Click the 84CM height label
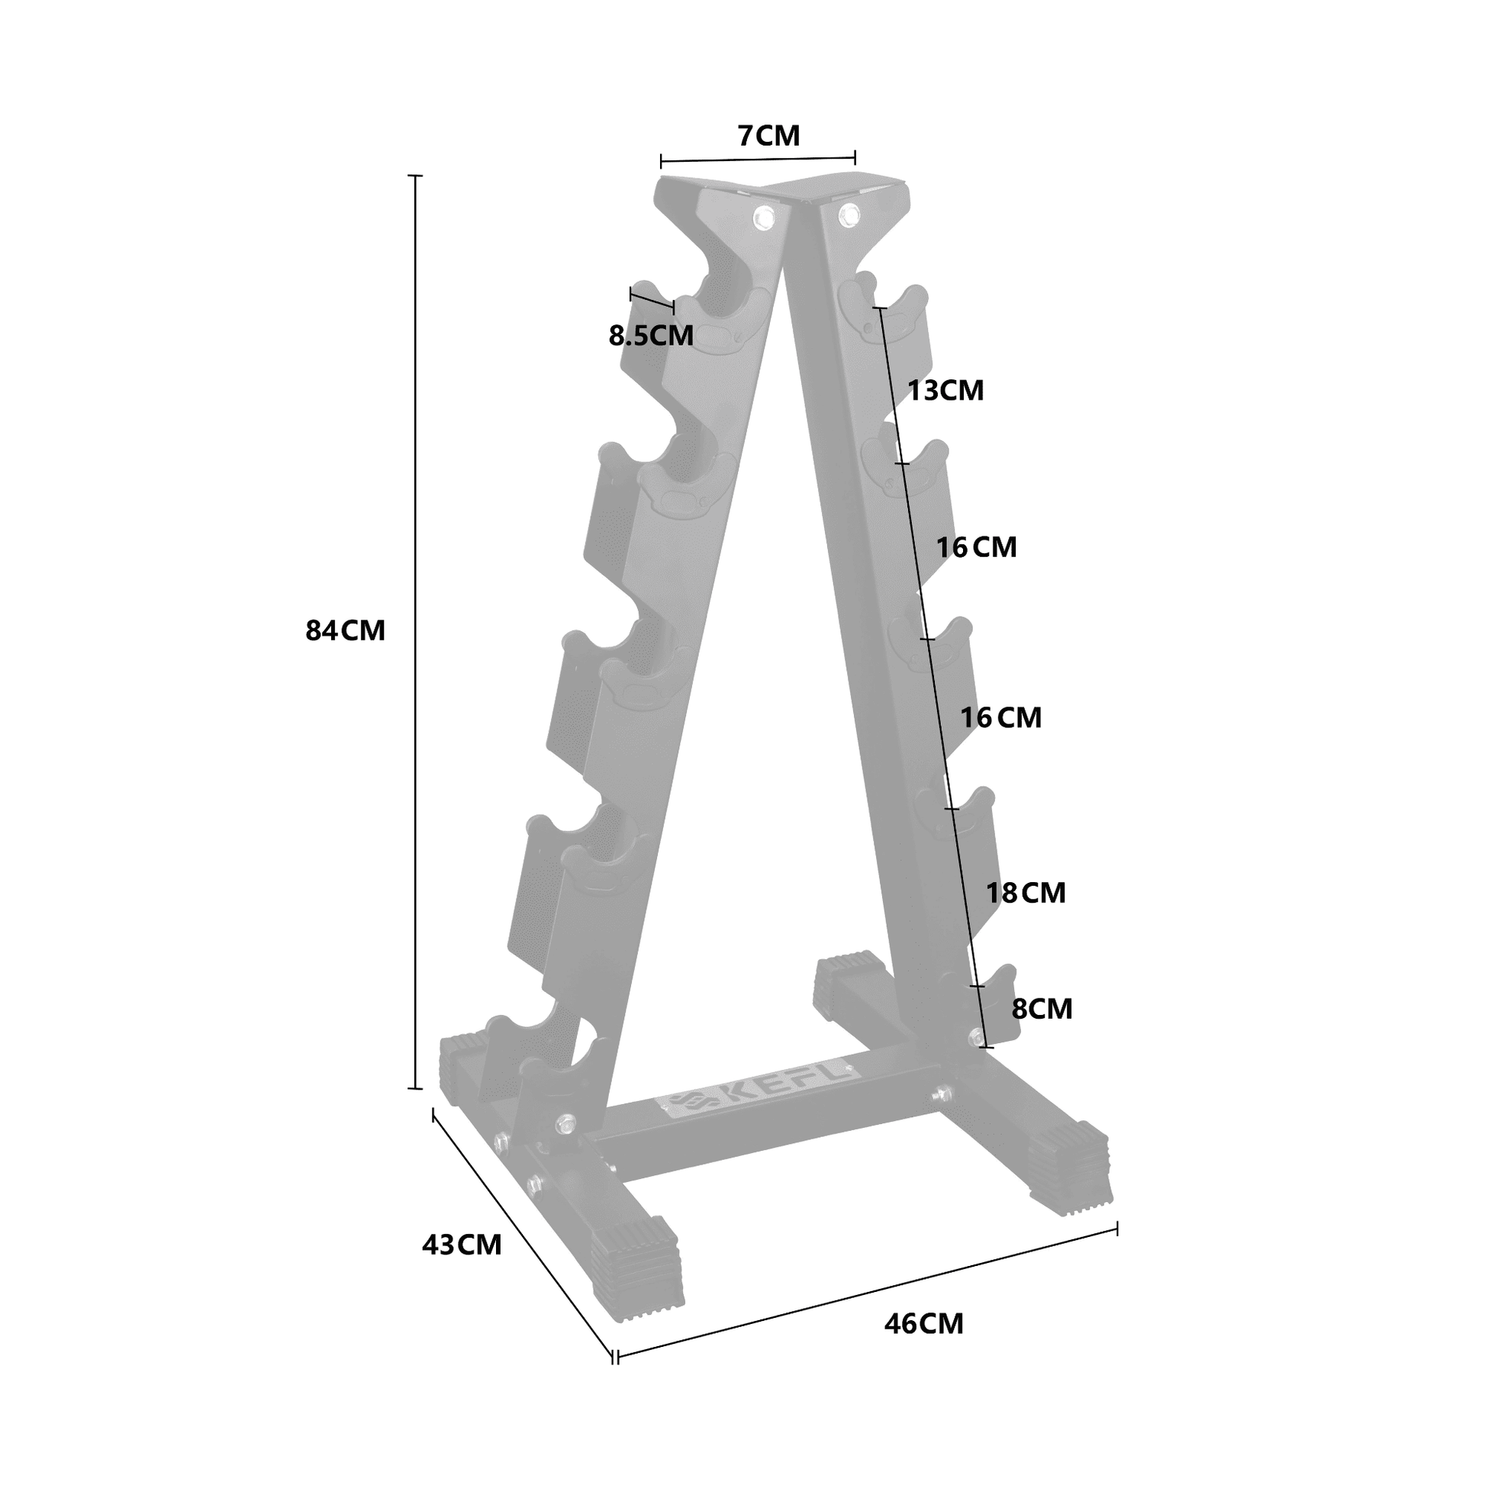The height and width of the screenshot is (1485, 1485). point(345,631)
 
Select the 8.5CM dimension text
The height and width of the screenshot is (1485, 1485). point(651,336)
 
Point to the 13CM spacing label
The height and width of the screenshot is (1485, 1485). point(946,391)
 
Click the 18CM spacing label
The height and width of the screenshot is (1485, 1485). point(1026,893)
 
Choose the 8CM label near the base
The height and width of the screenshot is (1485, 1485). point(1042,1009)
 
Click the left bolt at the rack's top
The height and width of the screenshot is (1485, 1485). point(764,217)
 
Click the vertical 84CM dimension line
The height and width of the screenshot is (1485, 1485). point(416,630)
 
